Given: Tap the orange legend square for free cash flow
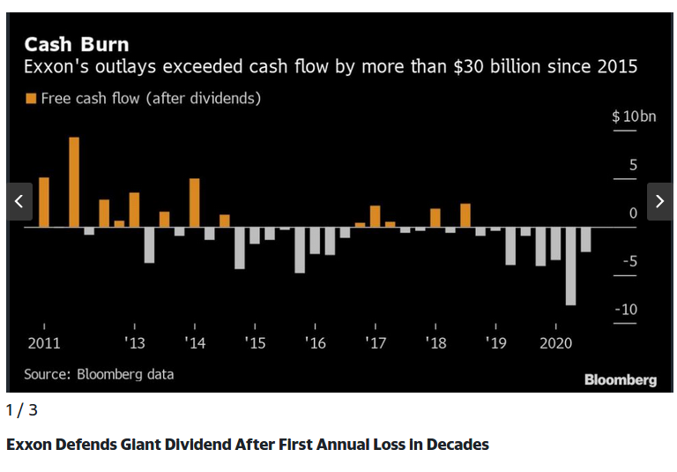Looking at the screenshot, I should coord(31,99).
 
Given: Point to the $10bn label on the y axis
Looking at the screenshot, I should coord(635,116).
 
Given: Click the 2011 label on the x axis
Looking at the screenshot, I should coord(44,342).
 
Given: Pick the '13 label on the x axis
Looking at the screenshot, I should coord(134,342).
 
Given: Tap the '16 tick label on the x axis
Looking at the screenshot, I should coord(315,342).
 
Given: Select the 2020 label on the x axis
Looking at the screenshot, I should coord(555,342).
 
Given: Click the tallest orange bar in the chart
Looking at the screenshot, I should coord(74,182).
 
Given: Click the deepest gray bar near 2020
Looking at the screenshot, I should coord(570,266).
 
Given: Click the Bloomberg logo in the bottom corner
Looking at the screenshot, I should coord(620,379).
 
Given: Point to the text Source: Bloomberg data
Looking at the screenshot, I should coord(99,374).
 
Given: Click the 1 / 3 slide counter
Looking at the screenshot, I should coord(22,410).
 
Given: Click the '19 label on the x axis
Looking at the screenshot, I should coord(495,342).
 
